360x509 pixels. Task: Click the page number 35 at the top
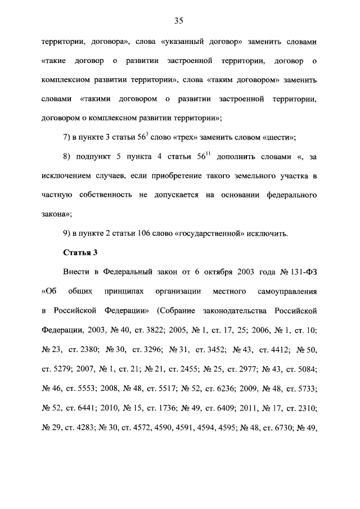[179, 21]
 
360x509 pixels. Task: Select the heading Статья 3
[80, 253]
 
